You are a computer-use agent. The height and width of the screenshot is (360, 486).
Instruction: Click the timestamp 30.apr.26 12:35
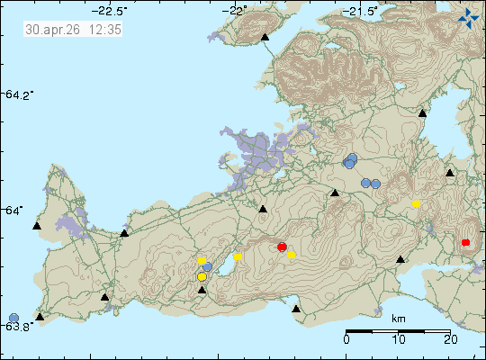[74, 29]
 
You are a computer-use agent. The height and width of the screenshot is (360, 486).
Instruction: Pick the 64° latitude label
[19, 210]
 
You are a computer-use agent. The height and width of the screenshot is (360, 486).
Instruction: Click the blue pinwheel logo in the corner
[468, 15]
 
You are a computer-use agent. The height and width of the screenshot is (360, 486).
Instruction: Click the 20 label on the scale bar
[449, 339]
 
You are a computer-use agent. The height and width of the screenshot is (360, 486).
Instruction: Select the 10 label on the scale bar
[399, 339]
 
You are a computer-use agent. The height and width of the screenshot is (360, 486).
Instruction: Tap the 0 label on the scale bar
[347, 339]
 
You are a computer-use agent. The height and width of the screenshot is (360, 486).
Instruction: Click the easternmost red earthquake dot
[465, 242]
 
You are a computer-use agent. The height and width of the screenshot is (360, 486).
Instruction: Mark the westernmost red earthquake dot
[282, 247]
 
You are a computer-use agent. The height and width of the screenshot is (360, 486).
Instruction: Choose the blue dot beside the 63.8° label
[13, 317]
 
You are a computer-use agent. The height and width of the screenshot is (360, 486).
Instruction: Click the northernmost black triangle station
[265, 38]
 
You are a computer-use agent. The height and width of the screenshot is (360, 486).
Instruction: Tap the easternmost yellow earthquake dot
[417, 204]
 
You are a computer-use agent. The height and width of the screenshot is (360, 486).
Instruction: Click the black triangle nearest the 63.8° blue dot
[40, 317]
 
